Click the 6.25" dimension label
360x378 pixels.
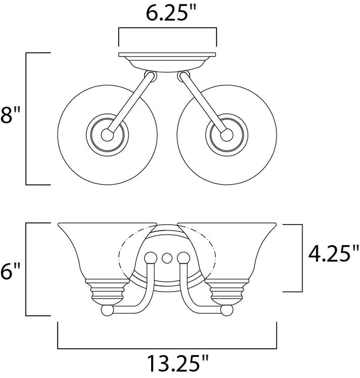point(167,13)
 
